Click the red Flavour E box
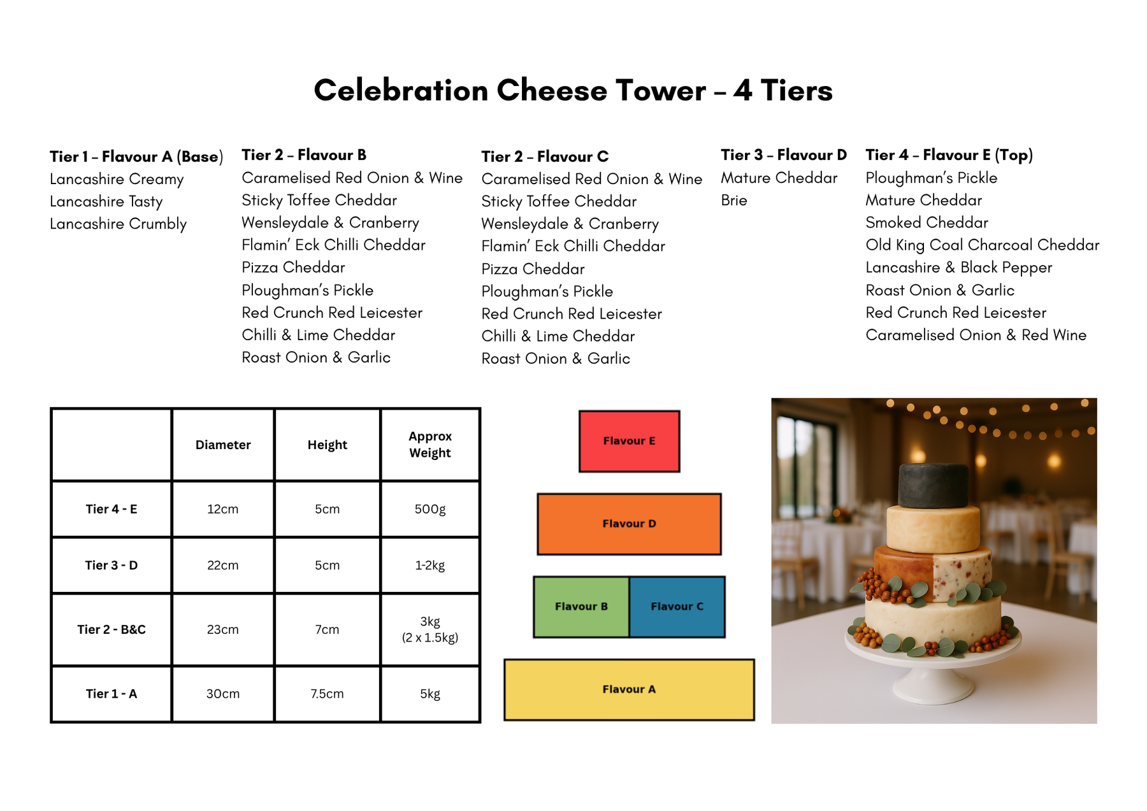629,441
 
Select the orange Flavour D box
629,524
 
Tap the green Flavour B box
581,606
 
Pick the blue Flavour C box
677,606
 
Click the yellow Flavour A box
629,689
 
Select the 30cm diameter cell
223,694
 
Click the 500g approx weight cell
430,509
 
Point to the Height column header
328,445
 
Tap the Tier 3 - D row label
112,565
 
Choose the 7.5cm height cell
328,694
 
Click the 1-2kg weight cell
430,565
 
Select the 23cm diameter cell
223,629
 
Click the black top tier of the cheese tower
933,485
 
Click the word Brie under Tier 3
734,201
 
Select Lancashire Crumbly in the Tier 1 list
119,224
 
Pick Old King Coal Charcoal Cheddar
983,245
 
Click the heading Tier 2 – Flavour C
545,157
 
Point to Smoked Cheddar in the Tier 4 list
927,223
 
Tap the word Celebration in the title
401,90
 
